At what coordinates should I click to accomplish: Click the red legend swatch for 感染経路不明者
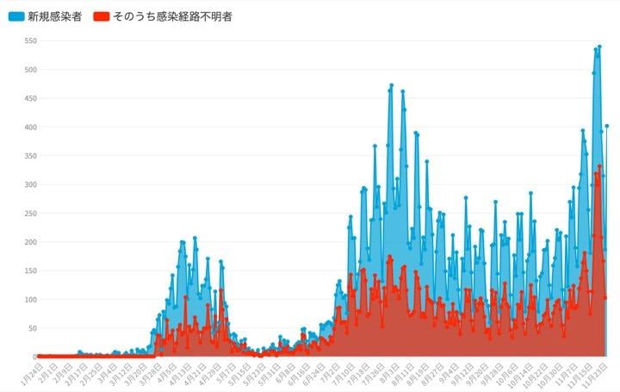click(x=102, y=16)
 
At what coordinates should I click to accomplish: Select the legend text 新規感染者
click(x=55, y=16)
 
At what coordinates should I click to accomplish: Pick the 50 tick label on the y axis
click(x=32, y=328)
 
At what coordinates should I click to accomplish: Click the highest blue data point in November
click(x=599, y=47)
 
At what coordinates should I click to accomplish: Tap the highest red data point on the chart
click(x=599, y=166)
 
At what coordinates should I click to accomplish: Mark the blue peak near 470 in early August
click(x=392, y=85)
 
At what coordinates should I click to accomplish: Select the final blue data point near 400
click(x=606, y=126)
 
